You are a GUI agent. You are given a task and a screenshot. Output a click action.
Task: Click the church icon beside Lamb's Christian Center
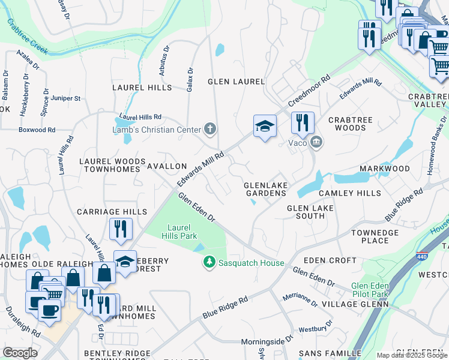click(210, 128)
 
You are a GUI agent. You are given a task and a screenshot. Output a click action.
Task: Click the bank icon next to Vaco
click(316, 142)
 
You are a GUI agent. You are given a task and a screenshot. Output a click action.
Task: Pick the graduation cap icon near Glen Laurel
click(265, 127)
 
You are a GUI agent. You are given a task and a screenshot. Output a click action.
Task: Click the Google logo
click(20, 352)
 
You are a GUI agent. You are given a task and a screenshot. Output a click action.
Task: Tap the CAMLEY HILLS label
click(350, 193)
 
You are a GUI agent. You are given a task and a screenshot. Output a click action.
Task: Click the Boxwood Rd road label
click(37, 130)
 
